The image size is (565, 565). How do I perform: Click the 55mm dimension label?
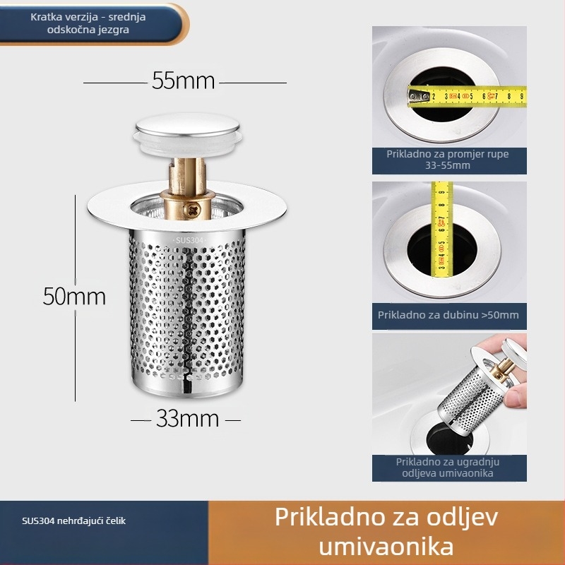point(183,81)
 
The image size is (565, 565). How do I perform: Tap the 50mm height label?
point(74,296)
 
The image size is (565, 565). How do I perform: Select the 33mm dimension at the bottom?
point(187,419)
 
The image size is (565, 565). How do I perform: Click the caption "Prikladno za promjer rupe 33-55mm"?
point(448,160)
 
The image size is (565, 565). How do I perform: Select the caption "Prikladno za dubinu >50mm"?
point(448,315)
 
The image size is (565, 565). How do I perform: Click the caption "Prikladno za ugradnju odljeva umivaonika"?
point(448,468)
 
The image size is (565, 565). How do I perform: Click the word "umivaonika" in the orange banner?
point(386,546)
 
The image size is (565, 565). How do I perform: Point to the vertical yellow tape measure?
point(442,230)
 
